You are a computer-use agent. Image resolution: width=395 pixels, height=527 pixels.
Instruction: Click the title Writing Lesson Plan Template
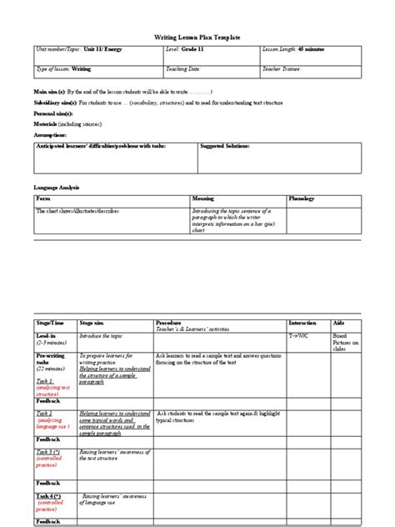point(197,38)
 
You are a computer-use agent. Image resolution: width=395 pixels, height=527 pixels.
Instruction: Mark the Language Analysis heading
point(57,188)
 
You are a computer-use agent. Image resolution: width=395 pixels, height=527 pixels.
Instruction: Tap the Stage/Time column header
point(49,322)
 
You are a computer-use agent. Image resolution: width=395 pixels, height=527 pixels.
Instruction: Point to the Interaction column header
point(302,322)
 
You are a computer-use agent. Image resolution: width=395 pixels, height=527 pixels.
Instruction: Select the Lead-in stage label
point(47,334)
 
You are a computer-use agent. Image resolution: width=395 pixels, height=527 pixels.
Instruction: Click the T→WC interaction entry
point(298,334)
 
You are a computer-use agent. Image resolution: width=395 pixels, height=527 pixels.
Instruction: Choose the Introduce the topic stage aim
point(101,334)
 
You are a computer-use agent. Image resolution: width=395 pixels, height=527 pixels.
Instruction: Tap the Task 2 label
point(43,413)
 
